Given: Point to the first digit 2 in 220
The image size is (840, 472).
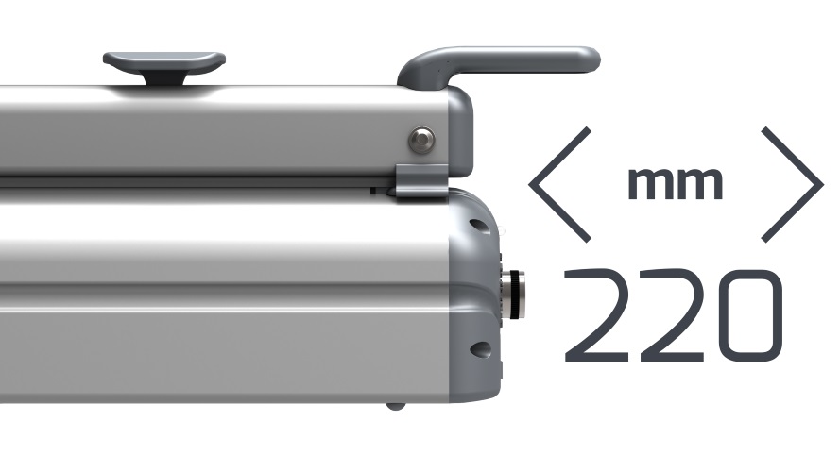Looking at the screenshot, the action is tap(595, 315).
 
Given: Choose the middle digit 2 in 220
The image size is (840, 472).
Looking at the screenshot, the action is tap(672, 315).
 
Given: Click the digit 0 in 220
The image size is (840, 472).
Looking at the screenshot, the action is tap(750, 315).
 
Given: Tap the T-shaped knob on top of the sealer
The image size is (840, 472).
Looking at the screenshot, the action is tap(163, 61).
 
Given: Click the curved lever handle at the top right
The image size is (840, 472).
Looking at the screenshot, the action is tap(498, 61).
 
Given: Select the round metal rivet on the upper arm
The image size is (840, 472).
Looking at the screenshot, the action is tap(421, 141).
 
